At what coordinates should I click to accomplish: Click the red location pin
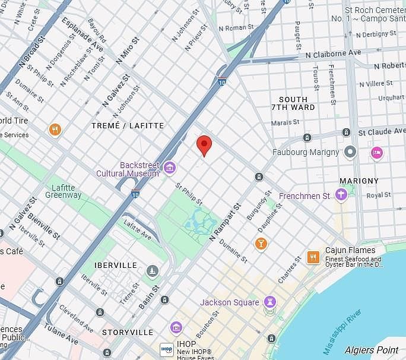tap(204, 144)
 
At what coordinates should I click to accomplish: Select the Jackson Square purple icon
tap(270, 302)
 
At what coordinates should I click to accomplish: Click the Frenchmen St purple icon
tap(341, 195)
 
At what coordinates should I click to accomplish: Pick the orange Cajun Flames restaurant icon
tap(313, 257)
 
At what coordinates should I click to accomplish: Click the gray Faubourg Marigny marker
tap(350, 152)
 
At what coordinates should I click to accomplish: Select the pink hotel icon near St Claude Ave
tap(376, 153)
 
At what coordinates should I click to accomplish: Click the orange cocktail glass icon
tap(261, 244)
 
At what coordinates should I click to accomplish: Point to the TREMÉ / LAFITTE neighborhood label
tap(128, 125)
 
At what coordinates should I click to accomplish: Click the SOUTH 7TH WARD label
tap(293, 103)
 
